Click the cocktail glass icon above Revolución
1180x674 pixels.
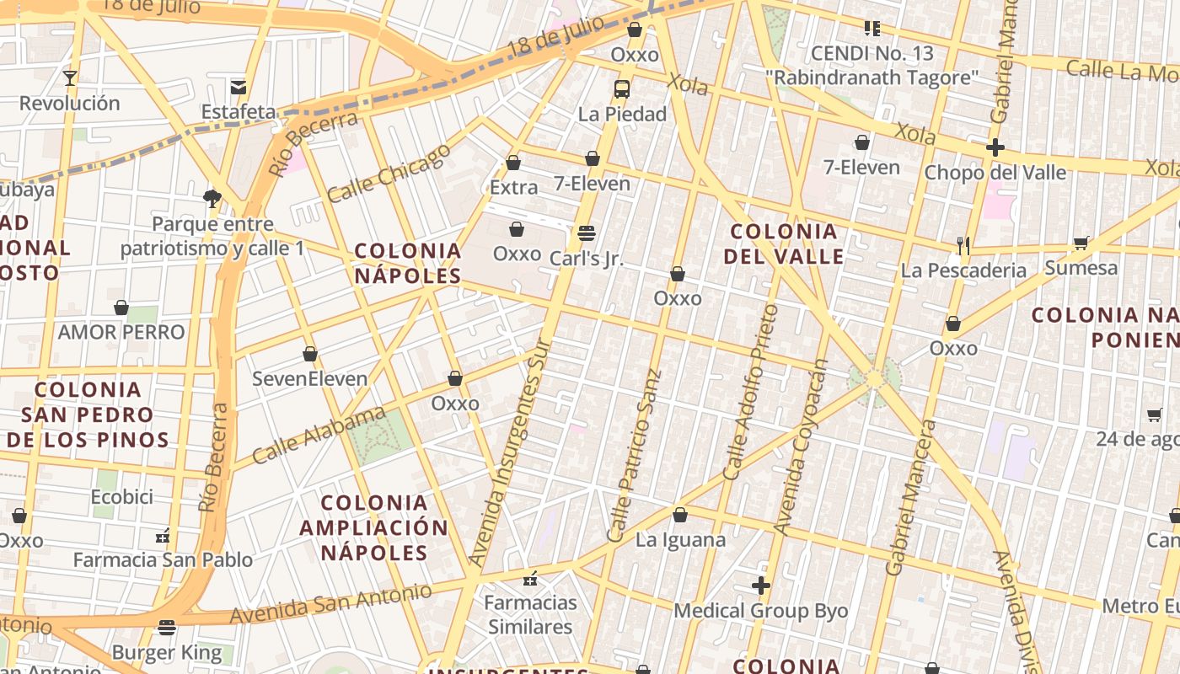click(x=70, y=78)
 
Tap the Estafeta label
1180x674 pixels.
click(x=239, y=111)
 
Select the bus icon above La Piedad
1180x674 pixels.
click(x=622, y=88)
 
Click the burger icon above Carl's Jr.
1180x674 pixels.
click(x=587, y=233)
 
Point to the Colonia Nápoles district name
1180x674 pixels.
click(x=408, y=263)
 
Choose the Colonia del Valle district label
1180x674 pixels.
click(x=784, y=243)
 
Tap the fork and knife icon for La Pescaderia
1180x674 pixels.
click(x=963, y=245)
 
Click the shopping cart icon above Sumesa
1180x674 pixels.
click(x=1081, y=243)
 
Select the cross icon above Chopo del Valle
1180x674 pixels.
click(x=995, y=147)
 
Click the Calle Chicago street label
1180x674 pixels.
click(x=389, y=174)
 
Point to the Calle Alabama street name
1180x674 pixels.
click(x=319, y=436)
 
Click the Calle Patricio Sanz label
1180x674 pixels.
click(x=634, y=456)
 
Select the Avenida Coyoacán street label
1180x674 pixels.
click(x=801, y=447)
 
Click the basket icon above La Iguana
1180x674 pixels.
click(x=680, y=514)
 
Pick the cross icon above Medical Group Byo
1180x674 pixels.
click(x=761, y=586)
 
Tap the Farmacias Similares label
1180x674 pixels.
click(x=530, y=614)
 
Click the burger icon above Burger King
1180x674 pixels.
click(x=167, y=628)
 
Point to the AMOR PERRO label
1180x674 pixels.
click(x=121, y=332)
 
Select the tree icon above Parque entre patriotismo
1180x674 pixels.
click(x=212, y=199)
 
